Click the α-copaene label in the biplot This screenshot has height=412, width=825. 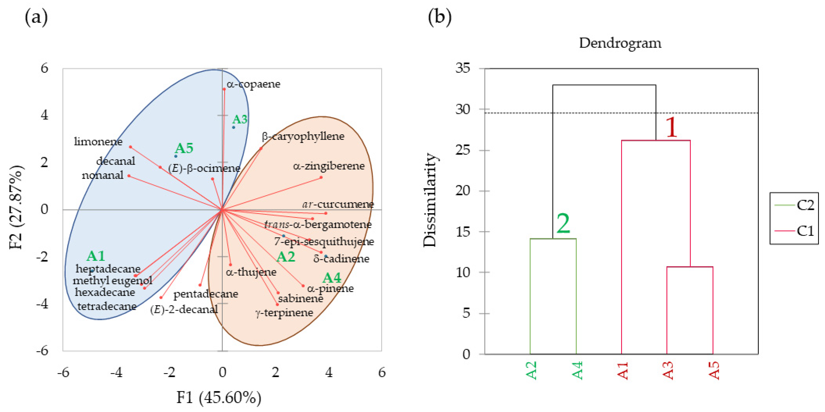253,84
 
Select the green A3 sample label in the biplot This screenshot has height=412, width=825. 240,119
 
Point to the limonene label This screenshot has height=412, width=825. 98,141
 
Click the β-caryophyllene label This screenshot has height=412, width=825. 303,136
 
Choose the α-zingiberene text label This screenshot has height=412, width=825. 329,166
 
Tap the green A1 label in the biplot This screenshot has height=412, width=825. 96,256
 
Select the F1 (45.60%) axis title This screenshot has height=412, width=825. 219,398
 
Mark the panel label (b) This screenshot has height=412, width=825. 440,17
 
